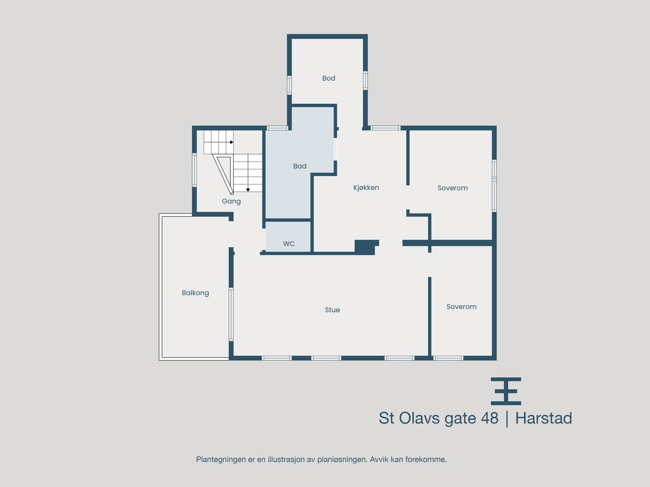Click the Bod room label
328,78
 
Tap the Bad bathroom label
299,166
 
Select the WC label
288,244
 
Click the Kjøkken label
366,187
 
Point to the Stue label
332,310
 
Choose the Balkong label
195,293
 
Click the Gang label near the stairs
231,201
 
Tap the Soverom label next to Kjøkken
452,188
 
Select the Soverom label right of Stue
461,307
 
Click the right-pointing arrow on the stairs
232,142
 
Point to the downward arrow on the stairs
248,190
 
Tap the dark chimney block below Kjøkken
365,247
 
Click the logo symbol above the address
506,391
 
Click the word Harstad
543,418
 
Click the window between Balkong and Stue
231,314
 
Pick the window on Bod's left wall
289,85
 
